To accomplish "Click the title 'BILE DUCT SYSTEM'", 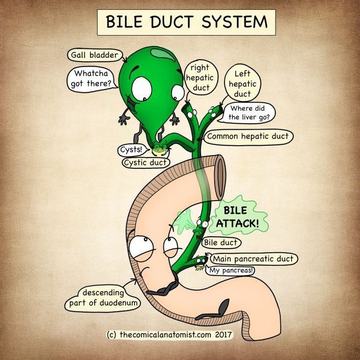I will point(186,22).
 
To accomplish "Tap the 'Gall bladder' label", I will point(94,55).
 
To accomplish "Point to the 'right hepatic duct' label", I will point(199,77).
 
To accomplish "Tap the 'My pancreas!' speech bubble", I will point(231,270).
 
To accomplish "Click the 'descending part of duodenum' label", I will point(102,298).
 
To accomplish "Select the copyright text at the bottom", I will point(169,335).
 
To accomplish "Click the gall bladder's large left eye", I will point(142,89).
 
